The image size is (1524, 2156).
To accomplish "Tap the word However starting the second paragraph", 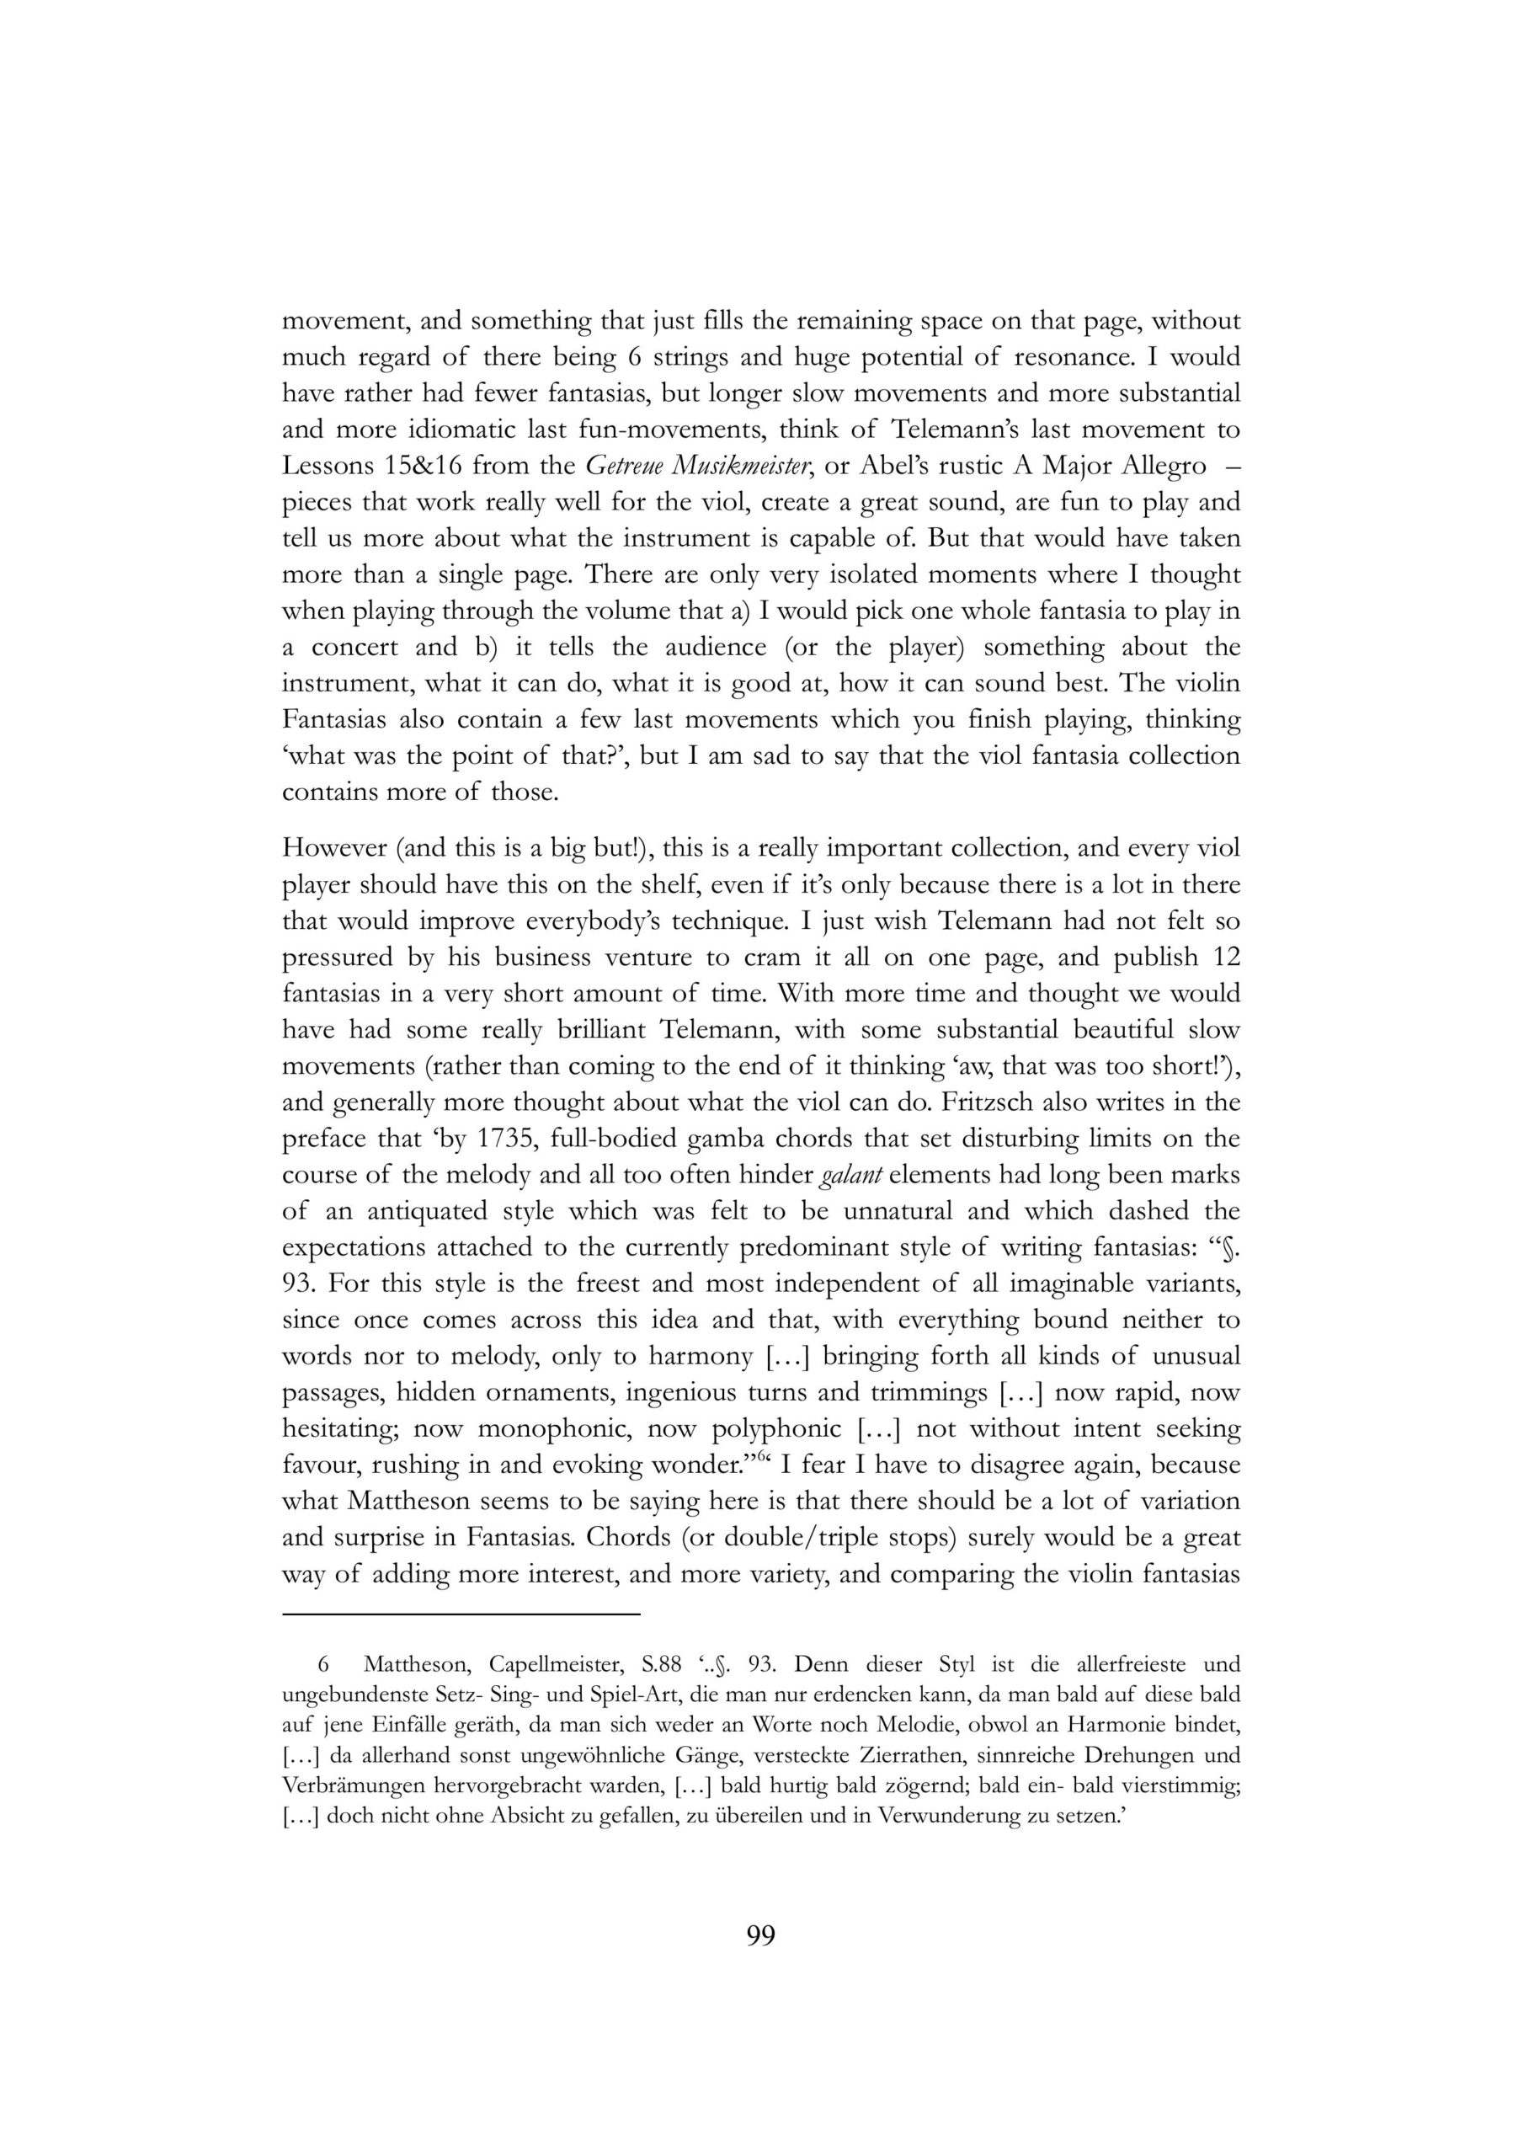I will click(x=333, y=848).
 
